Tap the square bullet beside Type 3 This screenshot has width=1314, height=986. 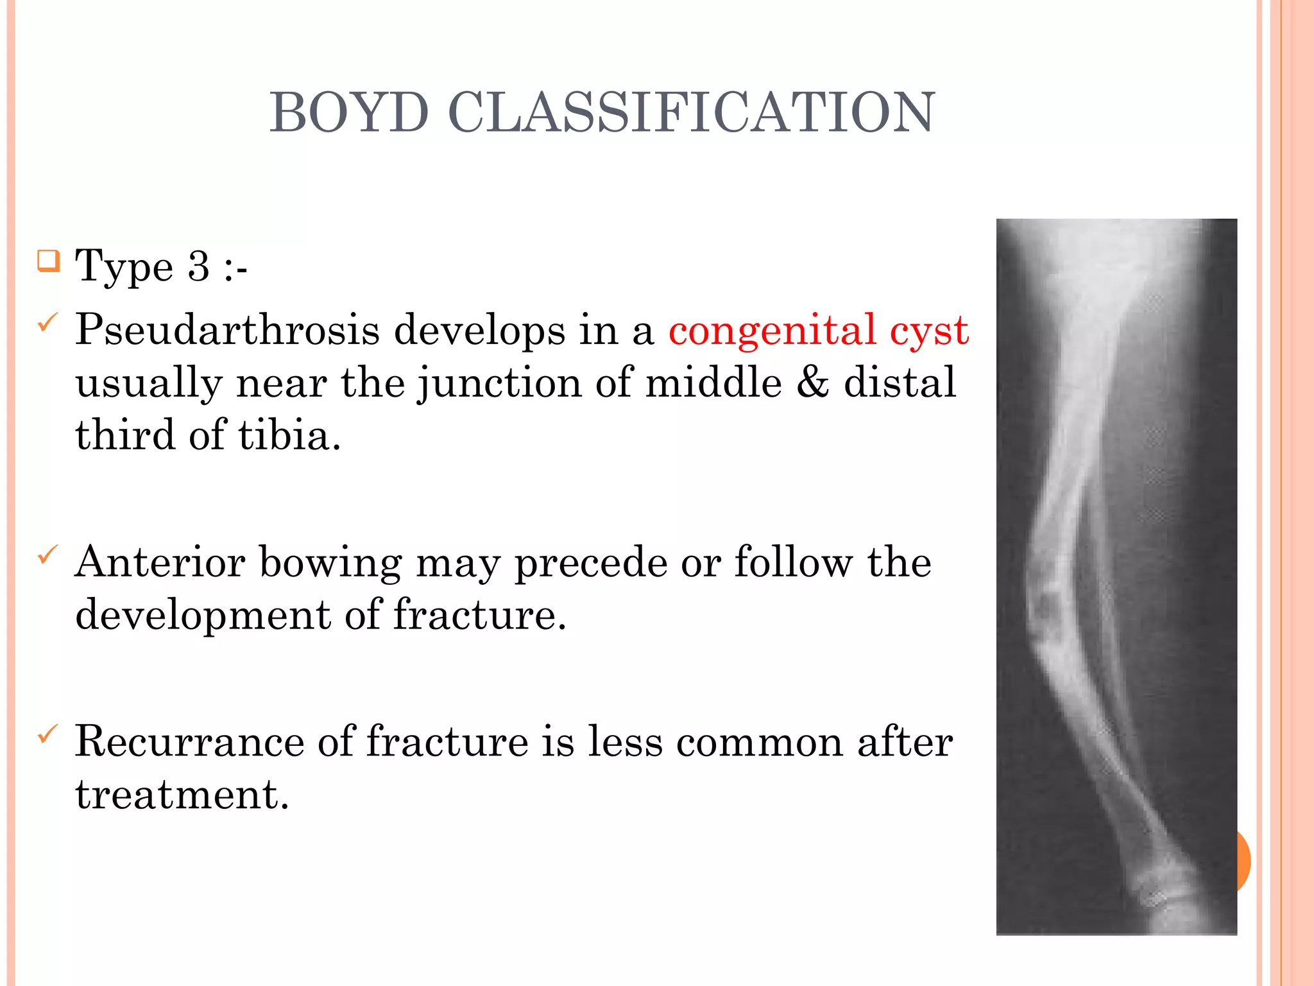[48, 261]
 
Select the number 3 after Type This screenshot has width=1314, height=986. [199, 266]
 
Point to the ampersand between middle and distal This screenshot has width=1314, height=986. [813, 382]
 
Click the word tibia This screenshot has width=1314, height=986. [289, 435]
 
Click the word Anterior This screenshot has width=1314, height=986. [160, 562]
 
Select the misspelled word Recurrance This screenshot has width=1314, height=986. [189, 741]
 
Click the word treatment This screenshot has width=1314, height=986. [182, 795]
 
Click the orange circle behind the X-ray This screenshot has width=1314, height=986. [1243, 860]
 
